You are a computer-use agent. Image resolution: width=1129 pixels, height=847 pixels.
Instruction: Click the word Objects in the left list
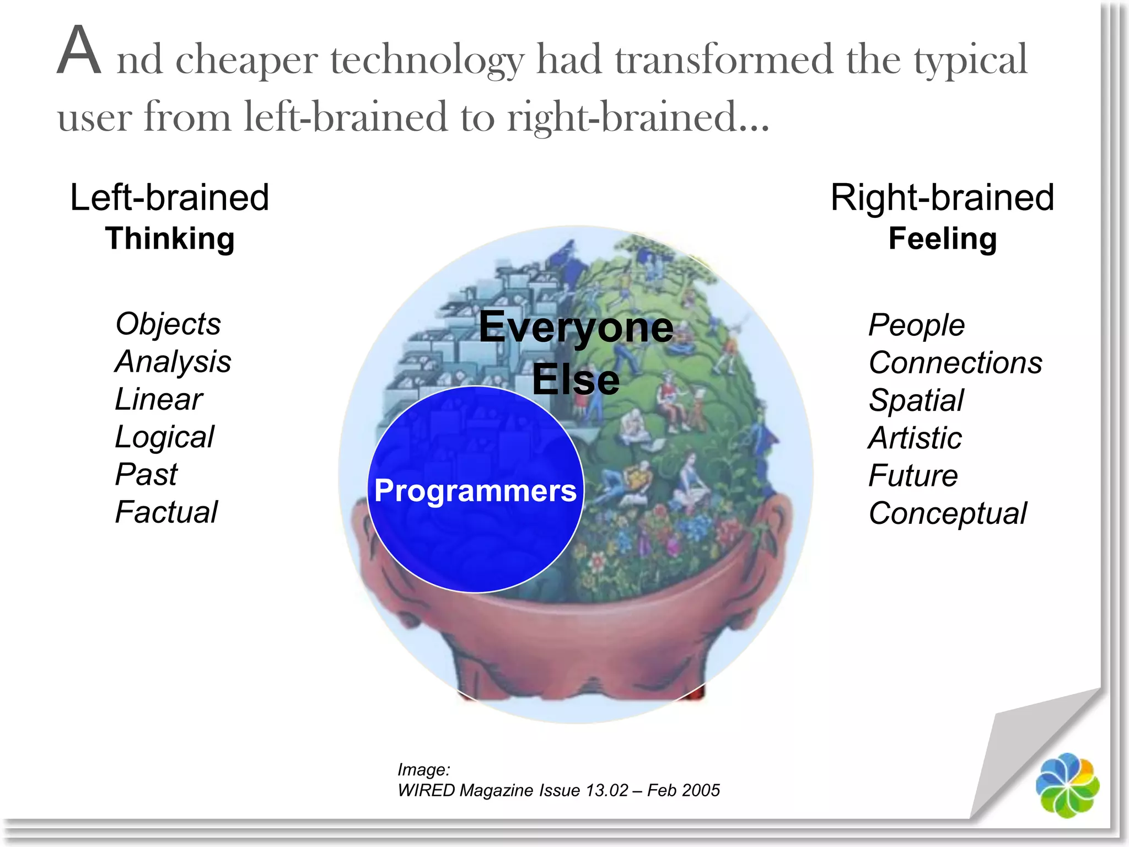168,324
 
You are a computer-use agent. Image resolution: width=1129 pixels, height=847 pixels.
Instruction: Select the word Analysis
173,362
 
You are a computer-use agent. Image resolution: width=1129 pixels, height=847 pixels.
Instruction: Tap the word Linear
159,399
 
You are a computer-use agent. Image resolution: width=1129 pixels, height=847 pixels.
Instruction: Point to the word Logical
164,437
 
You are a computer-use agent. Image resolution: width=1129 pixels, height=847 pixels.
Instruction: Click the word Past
146,474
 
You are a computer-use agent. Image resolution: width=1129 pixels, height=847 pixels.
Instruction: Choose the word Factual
166,512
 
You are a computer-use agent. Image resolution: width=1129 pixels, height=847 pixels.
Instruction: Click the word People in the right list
916,325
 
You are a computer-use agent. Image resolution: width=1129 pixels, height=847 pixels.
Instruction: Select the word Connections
955,363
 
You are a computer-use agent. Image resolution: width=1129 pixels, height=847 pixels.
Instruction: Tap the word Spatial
916,400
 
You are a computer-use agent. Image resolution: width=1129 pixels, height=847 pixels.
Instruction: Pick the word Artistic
915,438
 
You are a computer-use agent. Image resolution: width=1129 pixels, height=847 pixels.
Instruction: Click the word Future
913,475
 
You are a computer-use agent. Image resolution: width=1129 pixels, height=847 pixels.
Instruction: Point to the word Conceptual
948,513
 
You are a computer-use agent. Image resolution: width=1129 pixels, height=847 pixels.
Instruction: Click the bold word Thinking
170,239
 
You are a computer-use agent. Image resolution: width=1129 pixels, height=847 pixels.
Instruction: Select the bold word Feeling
943,239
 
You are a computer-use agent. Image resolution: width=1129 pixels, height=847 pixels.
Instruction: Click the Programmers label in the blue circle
475,490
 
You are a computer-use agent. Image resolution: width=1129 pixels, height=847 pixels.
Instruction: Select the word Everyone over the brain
576,327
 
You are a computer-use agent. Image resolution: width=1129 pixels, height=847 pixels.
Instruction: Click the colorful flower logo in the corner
1067,785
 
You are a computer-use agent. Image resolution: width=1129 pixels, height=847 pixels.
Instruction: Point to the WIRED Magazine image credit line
558,790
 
